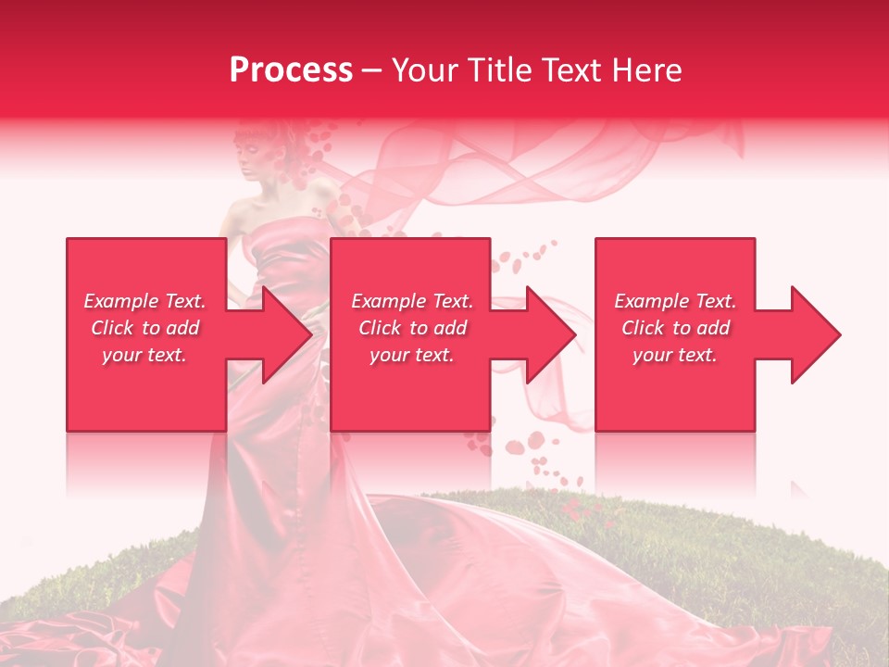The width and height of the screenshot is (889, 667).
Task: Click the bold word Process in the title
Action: (x=291, y=69)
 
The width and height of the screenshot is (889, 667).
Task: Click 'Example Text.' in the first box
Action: (x=144, y=301)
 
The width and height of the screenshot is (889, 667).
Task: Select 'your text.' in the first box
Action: (x=144, y=355)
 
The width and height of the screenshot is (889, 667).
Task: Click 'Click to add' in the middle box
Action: (x=412, y=328)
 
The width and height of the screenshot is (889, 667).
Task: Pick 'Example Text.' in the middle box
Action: (x=412, y=301)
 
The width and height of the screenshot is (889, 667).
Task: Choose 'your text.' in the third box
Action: (x=675, y=355)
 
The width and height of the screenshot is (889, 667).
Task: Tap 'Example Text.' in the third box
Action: (x=675, y=301)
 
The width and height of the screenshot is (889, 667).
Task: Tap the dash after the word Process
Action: (x=372, y=70)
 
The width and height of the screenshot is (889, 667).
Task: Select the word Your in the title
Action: (x=423, y=69)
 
